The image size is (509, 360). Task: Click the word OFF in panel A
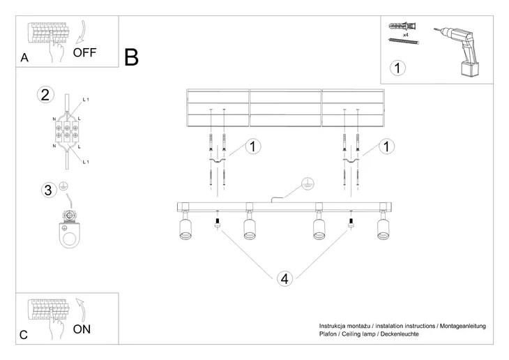[x=84, y=52]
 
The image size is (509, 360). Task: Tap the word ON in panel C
[x=82, y=329]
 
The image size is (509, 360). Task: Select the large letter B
[x=131, y=57]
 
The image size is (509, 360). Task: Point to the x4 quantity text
[x=405, y=33]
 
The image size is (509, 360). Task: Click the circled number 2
[x=45, y=96]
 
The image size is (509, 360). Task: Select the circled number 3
[x=47, y=189]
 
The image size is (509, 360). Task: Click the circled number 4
[x=283, y=278]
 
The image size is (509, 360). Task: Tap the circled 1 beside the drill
[x=397, y=68]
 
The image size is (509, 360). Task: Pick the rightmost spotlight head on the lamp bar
[x=383, y=228]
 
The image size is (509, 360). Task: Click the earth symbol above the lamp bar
[x=304, y=184]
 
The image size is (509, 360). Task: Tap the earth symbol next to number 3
[x=62, y=186]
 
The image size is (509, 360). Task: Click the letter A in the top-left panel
[x=24, y=59]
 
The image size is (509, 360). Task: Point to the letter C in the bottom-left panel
[x=24, y=335]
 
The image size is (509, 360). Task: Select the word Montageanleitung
[x=463, y=326]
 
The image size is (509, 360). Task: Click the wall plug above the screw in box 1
[x=404, y=26]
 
